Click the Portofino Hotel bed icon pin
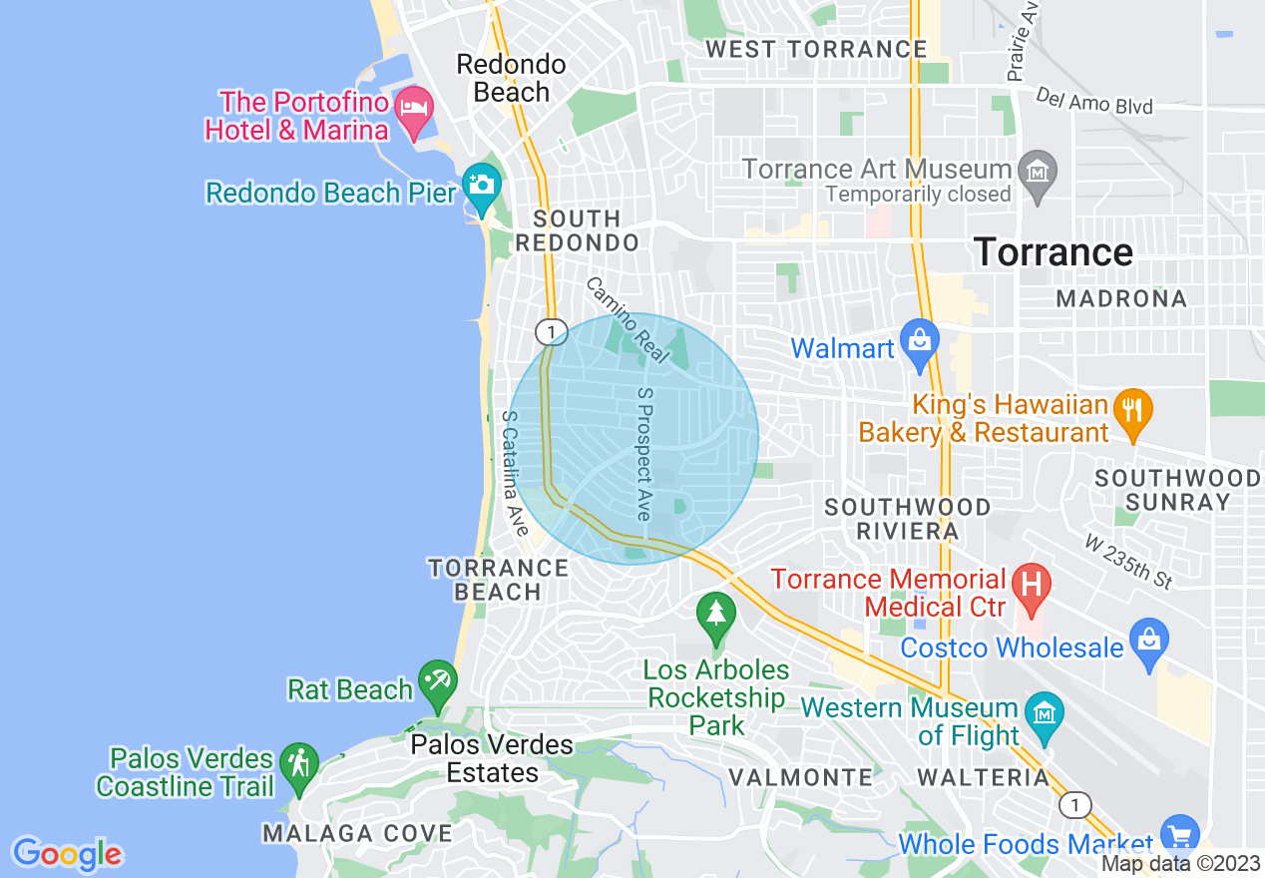coord(413,109)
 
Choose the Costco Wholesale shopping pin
coord(1149,641)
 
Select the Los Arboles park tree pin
coord(715,614)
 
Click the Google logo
coord(67,854)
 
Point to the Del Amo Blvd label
coord(1093,101)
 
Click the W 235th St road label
coord(1127,561)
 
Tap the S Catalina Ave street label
coord(515,474)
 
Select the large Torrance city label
coord(1053,252)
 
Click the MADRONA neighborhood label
coord(1121,298)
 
